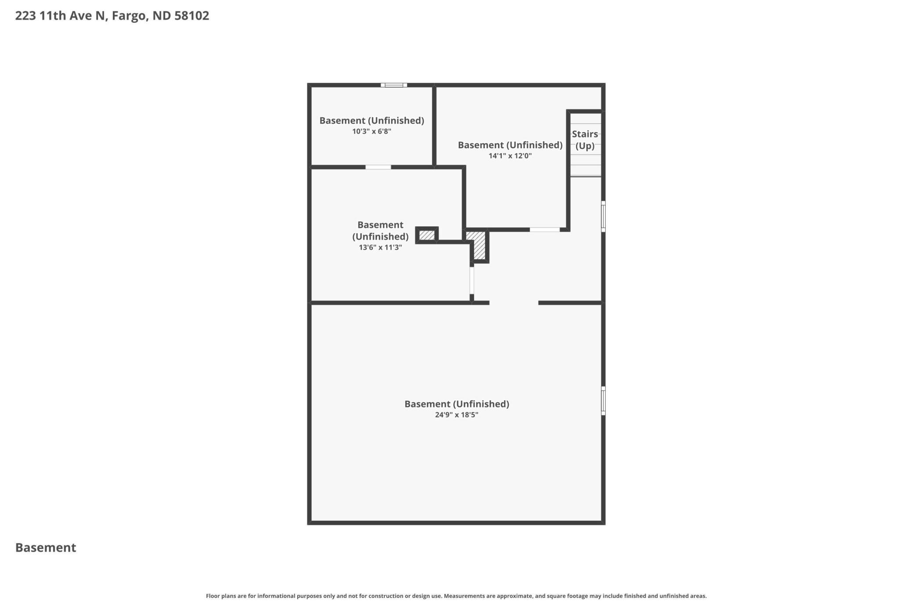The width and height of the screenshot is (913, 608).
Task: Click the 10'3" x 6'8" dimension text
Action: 371,131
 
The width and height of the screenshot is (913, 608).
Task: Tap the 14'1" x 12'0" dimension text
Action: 510,156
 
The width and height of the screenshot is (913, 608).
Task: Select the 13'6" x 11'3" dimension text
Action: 380,247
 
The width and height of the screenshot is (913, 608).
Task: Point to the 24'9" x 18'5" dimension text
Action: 456,415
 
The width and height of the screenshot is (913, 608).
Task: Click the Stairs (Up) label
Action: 585,140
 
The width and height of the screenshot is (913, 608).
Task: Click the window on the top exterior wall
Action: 394,85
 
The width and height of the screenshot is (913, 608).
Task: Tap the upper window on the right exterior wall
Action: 603,216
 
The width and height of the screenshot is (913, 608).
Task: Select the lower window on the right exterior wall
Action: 603,401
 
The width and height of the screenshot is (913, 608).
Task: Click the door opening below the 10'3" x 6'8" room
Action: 378,167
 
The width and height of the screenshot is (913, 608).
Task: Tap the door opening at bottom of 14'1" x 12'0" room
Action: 544,229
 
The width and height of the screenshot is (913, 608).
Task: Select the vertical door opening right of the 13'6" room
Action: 472,280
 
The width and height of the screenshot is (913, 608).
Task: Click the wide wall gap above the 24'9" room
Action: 514,303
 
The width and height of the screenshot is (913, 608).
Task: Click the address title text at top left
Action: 112,16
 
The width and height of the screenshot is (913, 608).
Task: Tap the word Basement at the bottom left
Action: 46,547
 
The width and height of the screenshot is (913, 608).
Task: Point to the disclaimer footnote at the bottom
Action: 456,596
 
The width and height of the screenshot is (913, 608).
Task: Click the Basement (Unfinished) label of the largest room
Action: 456,404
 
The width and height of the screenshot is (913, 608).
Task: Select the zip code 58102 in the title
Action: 191,16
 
